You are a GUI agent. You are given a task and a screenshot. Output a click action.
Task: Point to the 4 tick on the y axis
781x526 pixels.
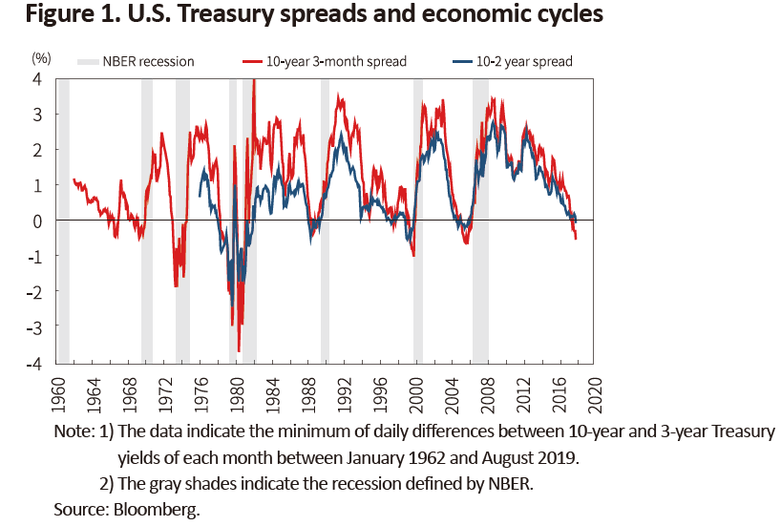pyautogui.click(x=38, y=79)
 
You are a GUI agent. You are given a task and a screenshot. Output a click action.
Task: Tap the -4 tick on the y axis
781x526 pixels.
pyautogui.click(x=35, y=364)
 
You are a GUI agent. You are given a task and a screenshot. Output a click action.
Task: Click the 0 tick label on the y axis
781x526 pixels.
pyautogui.click(x=38, y=221)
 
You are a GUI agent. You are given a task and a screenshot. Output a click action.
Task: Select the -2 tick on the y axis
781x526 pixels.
pyautogui.click(x=35, y=292)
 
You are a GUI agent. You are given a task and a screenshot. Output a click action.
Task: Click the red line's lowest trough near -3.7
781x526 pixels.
pyautogui.click(x=239, y=350)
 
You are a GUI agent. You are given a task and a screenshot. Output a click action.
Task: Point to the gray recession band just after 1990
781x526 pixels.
pyautogui.click(x=325, y=220)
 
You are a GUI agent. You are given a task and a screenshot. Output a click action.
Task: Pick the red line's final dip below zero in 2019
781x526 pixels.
pyautogui.click(x=576, y=238)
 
